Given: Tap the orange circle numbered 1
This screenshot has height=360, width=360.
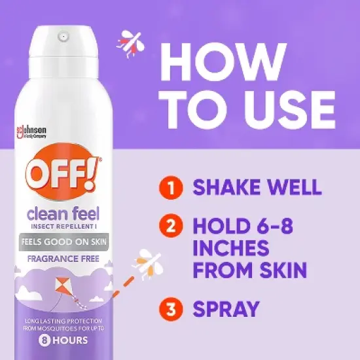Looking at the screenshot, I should [171, 189].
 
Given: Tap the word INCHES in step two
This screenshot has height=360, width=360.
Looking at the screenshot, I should [231, 249].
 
